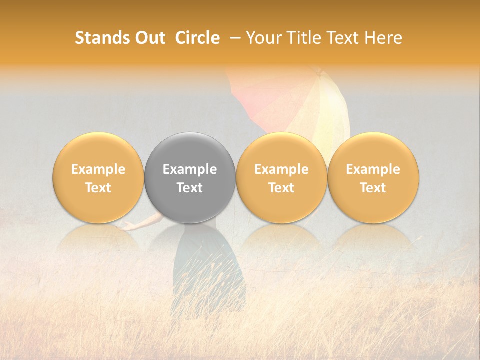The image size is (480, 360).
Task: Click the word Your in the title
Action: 262,38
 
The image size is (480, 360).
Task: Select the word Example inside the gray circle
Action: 190,169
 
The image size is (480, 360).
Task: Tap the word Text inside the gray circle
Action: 190,188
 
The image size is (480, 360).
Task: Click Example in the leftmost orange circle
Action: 98,169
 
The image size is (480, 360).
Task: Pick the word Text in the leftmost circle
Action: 98,188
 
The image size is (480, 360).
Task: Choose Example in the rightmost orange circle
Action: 373,169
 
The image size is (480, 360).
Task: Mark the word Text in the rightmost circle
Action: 373,188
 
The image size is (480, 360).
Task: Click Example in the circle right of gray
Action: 281,169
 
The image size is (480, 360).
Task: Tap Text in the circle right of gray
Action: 281,188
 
